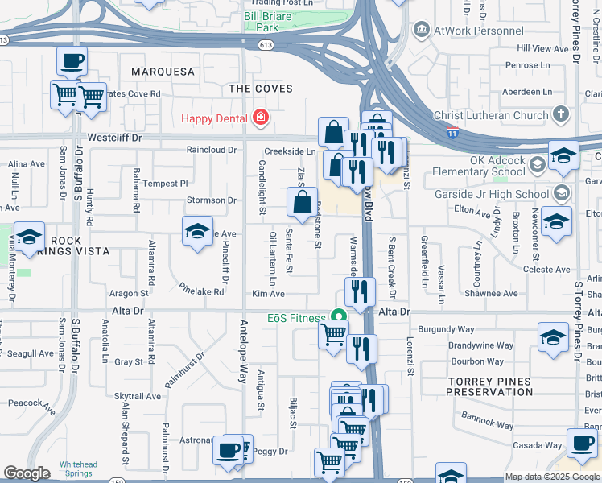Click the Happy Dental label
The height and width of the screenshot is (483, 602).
coord(213,119)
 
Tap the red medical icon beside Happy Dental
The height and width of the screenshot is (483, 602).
coord(260,119)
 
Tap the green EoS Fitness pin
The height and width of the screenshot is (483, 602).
coord(339,318)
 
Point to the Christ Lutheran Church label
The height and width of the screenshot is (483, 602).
coord(490,115)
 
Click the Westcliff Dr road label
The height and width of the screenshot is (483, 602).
coord(114,138)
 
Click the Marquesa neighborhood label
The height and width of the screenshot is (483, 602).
coord(163,72)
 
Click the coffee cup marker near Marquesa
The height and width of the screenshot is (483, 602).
coord(72,60)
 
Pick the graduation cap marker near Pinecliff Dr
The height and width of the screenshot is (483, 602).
coord(197,231)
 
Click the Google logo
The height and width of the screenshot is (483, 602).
coord(27,473)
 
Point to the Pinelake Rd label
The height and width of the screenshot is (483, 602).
coord(201,292)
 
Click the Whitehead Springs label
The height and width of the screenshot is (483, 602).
coord(78,469)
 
